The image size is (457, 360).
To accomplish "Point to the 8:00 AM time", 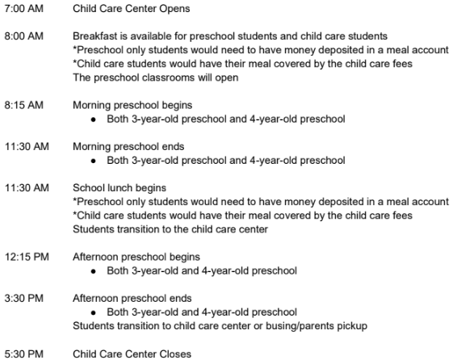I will coord(23,37).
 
